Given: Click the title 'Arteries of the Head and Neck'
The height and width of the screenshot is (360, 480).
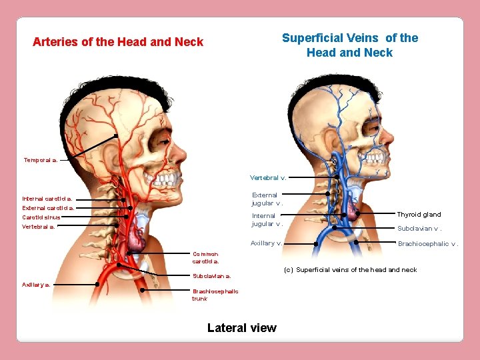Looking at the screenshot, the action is pos(118,42).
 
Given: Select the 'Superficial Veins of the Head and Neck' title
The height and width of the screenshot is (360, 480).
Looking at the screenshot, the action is pos(350,45).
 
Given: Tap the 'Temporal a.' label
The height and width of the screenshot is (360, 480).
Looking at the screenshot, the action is pos(40,160).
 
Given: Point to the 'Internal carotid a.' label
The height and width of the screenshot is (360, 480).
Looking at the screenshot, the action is pos(47,199).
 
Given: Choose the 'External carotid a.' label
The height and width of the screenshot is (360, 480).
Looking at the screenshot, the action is pos(48,208).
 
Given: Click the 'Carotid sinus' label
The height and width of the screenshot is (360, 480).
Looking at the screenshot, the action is pos(41,217).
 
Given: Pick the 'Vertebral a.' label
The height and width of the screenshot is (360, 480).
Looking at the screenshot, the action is pos(39,227).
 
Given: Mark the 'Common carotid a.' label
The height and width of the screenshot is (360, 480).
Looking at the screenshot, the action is pos(205,257).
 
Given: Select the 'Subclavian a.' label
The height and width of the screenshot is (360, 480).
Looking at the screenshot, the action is pos(212,275).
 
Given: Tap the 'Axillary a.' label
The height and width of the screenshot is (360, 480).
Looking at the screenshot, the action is pos(36,284).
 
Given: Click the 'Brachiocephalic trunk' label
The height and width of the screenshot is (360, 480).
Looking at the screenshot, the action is pos(215,295).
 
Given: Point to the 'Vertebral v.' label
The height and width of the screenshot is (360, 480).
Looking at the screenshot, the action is pos(268,178).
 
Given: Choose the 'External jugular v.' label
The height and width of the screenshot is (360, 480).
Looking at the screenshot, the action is pos(267,199).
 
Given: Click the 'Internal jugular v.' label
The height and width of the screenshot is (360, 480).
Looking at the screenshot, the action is pos(267,219).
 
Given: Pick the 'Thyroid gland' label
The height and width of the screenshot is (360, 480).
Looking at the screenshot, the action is pos(419,215).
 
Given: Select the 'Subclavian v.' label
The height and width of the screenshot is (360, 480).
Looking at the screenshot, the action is pos(419,229).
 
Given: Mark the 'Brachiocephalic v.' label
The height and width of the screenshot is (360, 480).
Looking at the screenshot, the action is pos(428,244).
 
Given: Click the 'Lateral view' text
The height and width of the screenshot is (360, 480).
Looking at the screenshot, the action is pos(241,327).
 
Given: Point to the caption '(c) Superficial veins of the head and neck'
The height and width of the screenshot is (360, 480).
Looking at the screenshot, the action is pos(350,270).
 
